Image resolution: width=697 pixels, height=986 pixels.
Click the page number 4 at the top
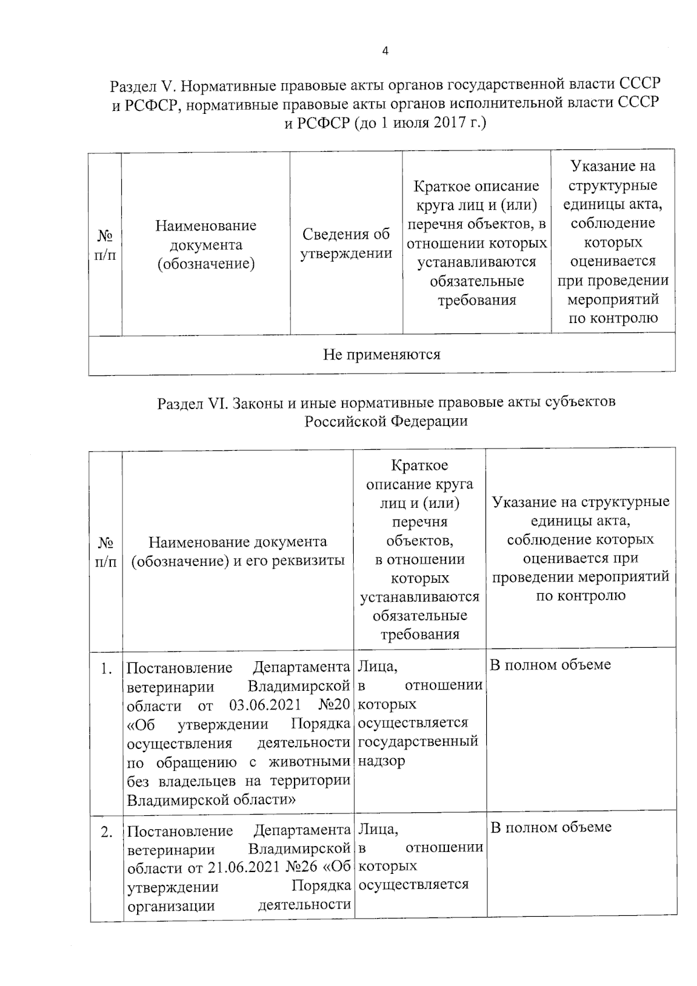point(385,51)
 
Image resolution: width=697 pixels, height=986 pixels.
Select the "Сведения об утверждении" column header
point(346,244)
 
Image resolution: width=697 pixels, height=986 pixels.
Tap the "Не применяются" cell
point(382,354)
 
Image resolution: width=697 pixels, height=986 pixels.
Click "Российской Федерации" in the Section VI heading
point(386,421)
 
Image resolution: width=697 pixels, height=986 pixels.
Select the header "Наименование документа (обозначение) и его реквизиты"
point(238,551)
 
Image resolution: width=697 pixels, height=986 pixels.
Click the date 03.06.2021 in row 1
point(265,705)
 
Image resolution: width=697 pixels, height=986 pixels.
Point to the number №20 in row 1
point(334,705)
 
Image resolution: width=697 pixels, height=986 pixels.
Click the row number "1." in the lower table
point(106,669)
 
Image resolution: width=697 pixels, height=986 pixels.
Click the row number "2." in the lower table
point(106,832)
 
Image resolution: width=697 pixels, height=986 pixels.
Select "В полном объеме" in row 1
point(551,665)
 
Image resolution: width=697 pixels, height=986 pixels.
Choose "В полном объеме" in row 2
point(551,827)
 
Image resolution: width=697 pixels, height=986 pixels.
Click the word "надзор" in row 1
point(381,761)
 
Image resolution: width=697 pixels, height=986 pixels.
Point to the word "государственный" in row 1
point(418,741)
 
